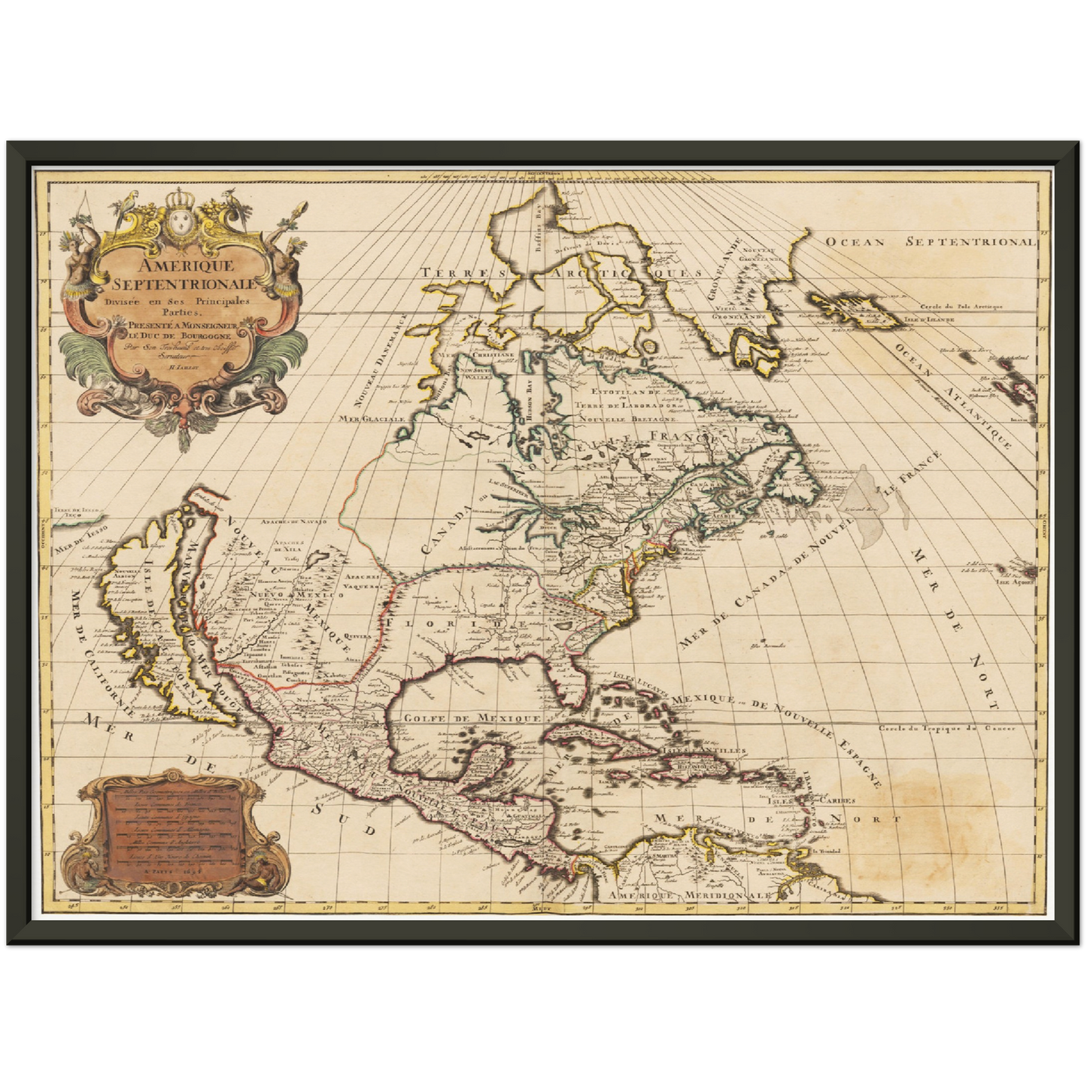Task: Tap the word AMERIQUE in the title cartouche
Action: (182, 265)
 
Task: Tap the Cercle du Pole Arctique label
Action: (961, 305)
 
